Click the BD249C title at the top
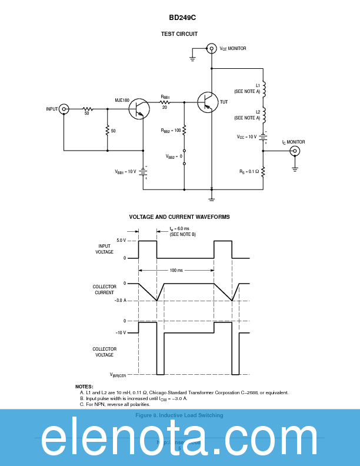(x=179, y=18)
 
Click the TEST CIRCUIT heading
(x=179, y=34)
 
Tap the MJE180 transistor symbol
(x=139, y=109)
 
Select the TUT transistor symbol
(x=207, y=102)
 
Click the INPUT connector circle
(x=64, y=109)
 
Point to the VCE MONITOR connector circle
(x=212, y=48)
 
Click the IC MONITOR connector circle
(x=295, y=151)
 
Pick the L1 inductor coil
(x=264, y=89)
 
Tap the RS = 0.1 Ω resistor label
(x=248, y=172)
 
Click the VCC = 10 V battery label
(x=247, y=137)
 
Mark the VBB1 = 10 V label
(x=125, y=172)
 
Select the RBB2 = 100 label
(x=171, y=130)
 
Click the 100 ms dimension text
(x=176, y=270)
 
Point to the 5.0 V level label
(x=121, y=241)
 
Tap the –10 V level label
(x=120, y=333)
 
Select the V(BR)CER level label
(x=118, y=374)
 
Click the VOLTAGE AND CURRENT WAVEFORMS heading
(x=179, y=217)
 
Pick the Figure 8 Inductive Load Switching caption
(x=179, y=415)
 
